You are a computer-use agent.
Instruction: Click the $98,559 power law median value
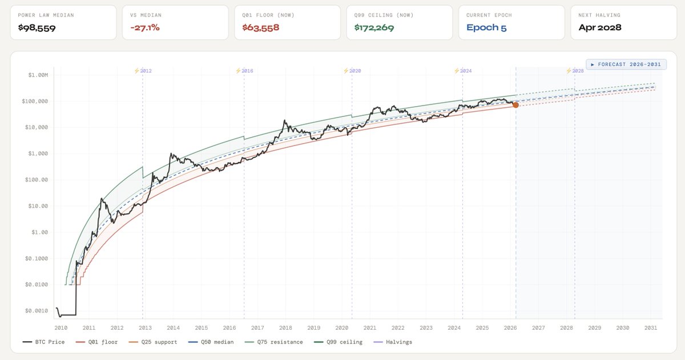(x=37, y=27)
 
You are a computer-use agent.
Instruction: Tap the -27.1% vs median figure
(x=145, y=27)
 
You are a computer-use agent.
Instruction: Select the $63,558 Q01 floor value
(x=261, y=27)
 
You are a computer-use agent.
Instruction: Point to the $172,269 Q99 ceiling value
(x=374, y=27)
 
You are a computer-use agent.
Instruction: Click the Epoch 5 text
(x=486, y=27)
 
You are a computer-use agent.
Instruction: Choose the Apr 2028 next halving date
(x=600, y=27)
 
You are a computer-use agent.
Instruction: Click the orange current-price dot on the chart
(x=515, y=105)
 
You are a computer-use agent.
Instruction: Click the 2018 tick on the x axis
(x=285, y=328)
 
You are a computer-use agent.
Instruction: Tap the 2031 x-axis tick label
(x=651, y=328)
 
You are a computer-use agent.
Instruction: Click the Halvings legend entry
(x=394, y=342)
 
